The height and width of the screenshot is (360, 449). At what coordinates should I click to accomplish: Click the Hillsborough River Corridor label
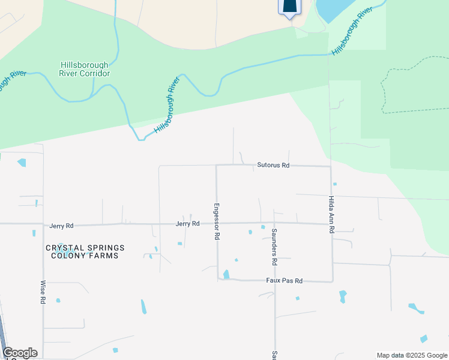point(85,69)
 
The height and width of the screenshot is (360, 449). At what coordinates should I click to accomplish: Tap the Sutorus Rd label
point(273,165)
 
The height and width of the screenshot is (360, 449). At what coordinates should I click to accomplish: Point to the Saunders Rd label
point(274,247)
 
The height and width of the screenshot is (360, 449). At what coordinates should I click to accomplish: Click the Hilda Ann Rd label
point(331,214)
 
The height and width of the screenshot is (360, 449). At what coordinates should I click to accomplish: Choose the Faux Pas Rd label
point(285,280)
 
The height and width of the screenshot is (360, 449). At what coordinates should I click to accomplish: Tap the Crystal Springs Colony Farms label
point(85,251)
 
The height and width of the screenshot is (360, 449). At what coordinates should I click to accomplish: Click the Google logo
point(20,353)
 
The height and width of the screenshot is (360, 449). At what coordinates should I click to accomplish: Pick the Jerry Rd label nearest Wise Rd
point(61,226)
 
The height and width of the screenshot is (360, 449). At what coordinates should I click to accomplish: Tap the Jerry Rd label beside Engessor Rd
point(187,224)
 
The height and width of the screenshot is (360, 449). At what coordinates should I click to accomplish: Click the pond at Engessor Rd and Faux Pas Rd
point(226,275)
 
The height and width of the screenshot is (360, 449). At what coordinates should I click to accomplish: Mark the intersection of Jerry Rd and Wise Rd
point(43,225)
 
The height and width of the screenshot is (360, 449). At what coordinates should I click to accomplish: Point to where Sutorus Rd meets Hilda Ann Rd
point(331,166)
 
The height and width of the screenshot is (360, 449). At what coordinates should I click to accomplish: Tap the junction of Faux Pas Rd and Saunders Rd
point(275,280)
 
